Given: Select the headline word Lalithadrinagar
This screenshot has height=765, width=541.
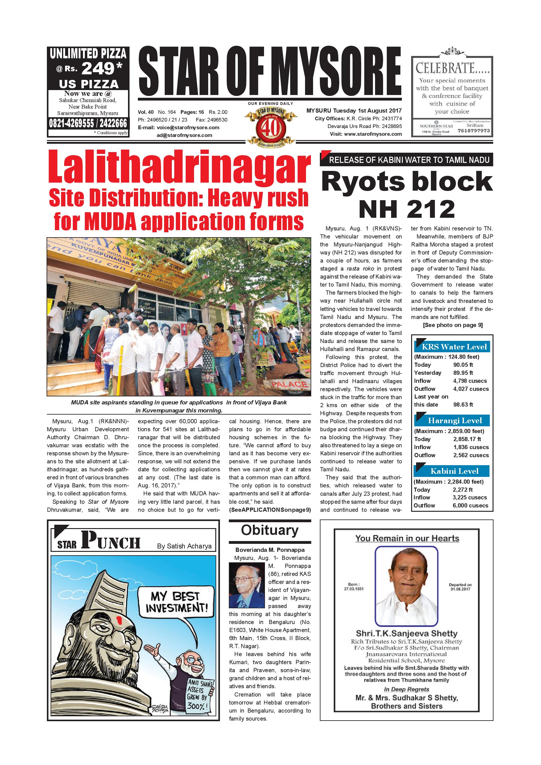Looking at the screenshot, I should (x=179, y=167).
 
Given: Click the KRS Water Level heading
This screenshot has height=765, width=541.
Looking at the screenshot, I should (x=454, y=347).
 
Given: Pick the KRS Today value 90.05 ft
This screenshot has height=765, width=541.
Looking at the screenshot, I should (x=463, y=365).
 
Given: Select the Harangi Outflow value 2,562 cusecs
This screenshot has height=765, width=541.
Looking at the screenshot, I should (x=471, y=455).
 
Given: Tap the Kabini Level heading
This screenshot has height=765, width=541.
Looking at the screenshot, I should (x=454, y=471).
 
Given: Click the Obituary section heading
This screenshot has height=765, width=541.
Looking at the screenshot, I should (x=270, y=530).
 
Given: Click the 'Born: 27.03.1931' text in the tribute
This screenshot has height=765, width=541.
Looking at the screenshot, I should (x=353, y=586).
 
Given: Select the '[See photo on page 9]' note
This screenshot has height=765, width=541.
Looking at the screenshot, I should (x=453, y=325).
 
